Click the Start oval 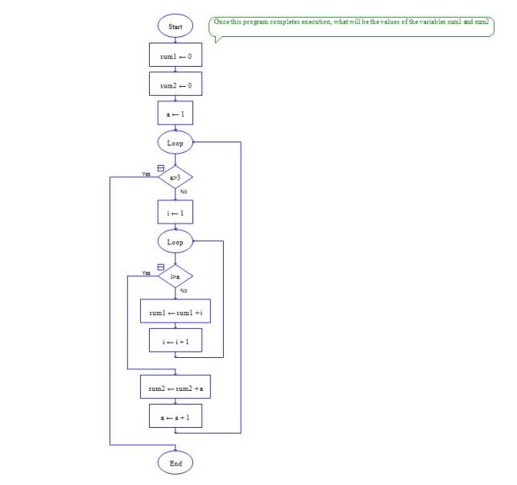[x=175, y=27]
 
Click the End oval [x=175, y=463]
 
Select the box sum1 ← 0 [x=175, y=55]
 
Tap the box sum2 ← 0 [x=175, y=84]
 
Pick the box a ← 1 [x=175, y=114]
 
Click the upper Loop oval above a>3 [x=175, y=143]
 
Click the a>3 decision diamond [x=175, y=177]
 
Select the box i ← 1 [x=175, y=212]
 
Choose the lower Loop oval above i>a [x=175, y=242]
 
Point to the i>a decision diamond [x=175, y=277]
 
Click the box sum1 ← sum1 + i [x=175, y=312]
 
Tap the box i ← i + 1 [x=175, y=342]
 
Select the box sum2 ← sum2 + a [x=175, y=388]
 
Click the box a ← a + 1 [x=175, y=418]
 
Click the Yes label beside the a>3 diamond [x=147, y=174]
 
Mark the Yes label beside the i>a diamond [x=147, y=273]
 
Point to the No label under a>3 [x=184, y=191]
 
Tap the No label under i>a [x=184, y=290]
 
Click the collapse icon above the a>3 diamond [x=161, y=167]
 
